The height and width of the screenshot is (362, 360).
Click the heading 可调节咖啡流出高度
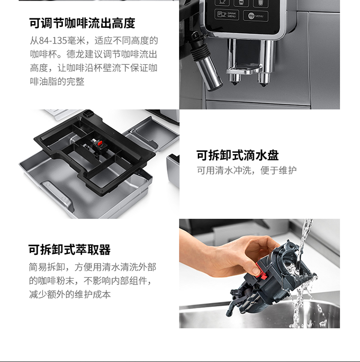82,23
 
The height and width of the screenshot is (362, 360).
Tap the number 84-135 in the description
53,41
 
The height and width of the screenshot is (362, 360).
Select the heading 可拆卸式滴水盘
238,155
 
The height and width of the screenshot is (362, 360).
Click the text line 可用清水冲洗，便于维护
246,170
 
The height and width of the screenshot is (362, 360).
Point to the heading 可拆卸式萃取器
70,250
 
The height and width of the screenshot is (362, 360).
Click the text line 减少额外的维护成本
70,294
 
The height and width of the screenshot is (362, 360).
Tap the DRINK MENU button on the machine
227,15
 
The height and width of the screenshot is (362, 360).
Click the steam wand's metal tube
209,73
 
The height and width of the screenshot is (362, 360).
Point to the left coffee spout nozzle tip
235,84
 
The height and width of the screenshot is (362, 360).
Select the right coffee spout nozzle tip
264,85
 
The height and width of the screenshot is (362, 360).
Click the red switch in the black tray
100,144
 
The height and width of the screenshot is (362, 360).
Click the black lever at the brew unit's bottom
233,305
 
